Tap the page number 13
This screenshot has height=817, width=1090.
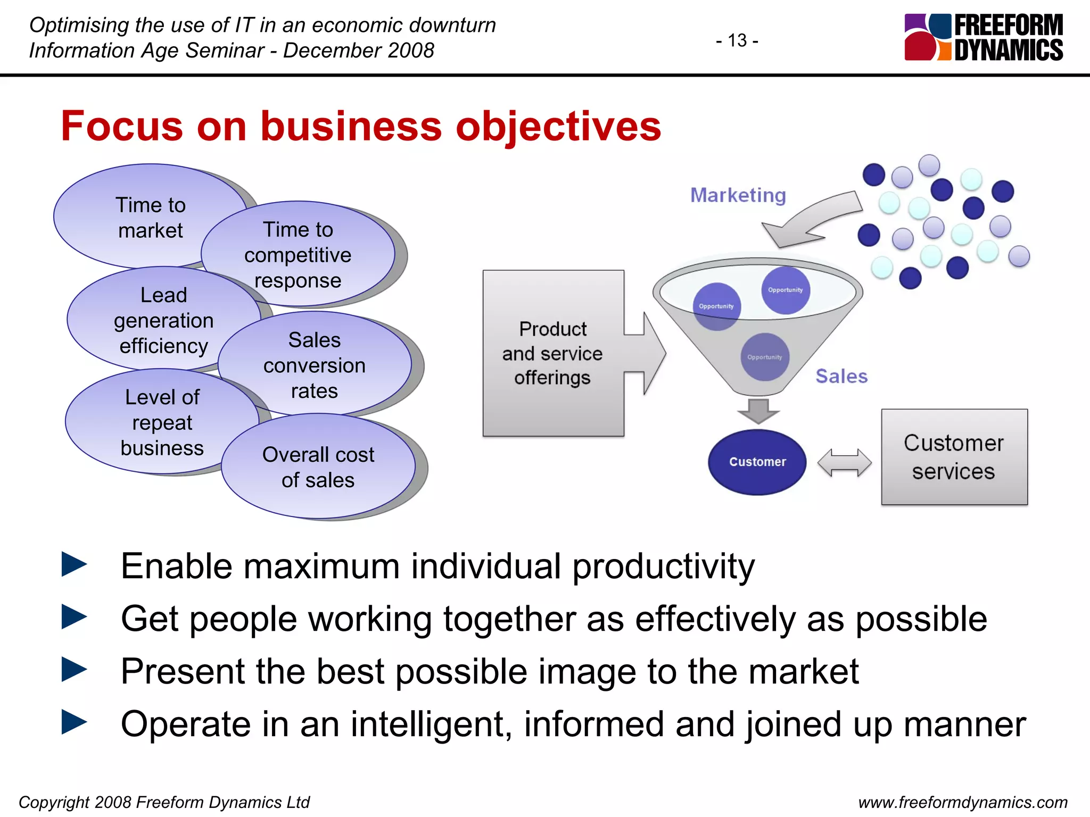coord(737,40)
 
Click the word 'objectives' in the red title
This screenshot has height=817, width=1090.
coord(558,127)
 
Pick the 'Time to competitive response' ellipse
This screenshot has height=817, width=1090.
coord(298,255)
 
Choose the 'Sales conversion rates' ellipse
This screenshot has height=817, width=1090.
coord(315,365)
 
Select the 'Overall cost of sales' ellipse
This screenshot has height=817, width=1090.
coord(318,467)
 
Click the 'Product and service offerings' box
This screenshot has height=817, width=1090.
coord(552,353)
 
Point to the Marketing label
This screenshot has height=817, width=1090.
coord(738,195)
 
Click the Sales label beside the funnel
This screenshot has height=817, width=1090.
coord(841,376)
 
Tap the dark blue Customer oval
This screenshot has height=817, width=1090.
coord(757,462)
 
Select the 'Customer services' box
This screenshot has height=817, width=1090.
coord(954,457)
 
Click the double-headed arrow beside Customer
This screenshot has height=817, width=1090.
coord(844,462)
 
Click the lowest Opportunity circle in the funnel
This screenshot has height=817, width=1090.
coord(764,357)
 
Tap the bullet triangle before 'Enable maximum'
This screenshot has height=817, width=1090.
coord(74,564)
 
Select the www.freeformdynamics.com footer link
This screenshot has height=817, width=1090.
coord(962,802)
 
